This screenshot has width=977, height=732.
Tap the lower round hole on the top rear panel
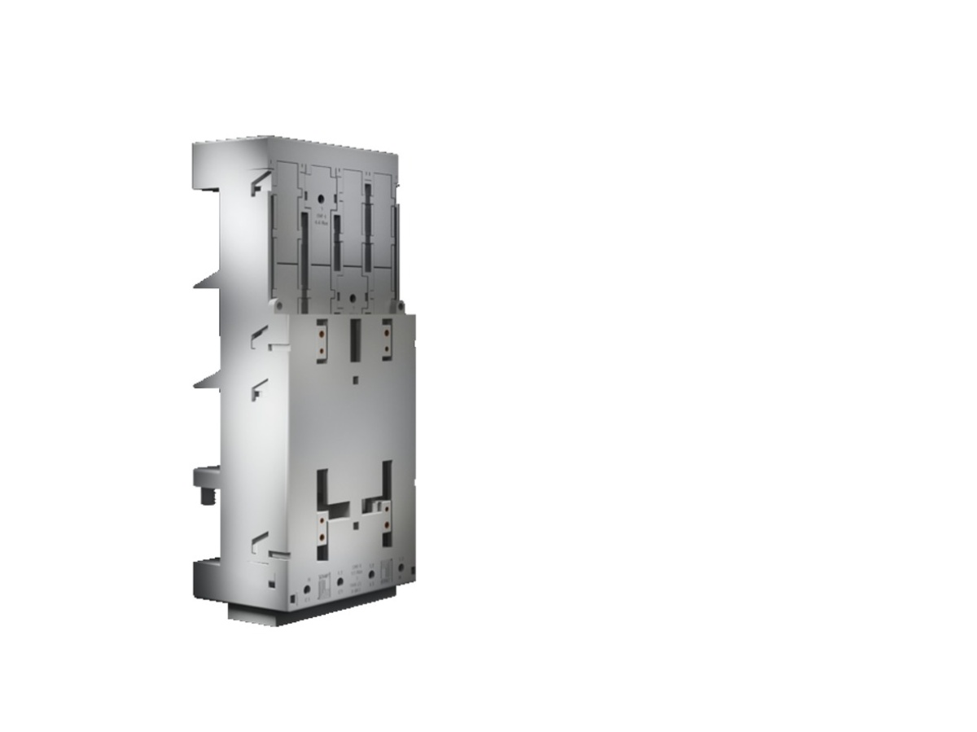click(351, 299)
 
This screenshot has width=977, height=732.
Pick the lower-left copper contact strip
click(322, 526)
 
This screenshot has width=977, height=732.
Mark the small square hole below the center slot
click(354, 379)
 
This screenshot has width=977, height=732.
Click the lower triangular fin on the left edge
click(207, 379)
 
